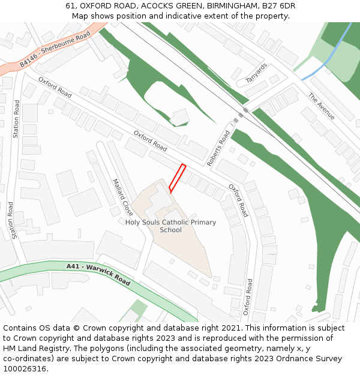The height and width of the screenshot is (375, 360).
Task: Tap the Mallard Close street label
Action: point(122,197)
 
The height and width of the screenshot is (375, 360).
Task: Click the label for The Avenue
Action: point(322,106)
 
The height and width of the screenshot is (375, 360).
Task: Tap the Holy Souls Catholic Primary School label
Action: point(170,226)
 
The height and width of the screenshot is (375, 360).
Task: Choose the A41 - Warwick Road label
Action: point(98,273)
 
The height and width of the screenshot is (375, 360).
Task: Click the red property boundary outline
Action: point(176,178)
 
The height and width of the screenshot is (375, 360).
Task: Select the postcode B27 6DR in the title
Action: point(278,6)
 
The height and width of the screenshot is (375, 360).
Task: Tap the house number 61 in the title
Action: point(71,6)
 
